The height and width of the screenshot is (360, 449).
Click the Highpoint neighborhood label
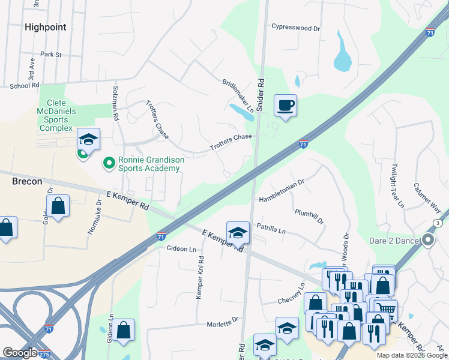45,27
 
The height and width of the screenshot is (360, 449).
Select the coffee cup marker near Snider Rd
285,106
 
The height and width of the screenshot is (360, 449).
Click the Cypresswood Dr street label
296,28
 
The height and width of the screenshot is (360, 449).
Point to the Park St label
51,55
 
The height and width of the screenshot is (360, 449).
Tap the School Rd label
24,86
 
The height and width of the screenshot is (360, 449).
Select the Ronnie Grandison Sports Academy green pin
109,162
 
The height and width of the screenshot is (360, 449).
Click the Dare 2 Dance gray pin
427,241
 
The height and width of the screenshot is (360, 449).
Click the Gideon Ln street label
181,249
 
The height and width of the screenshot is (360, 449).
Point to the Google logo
20,353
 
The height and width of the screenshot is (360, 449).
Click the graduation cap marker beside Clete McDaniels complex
88,140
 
